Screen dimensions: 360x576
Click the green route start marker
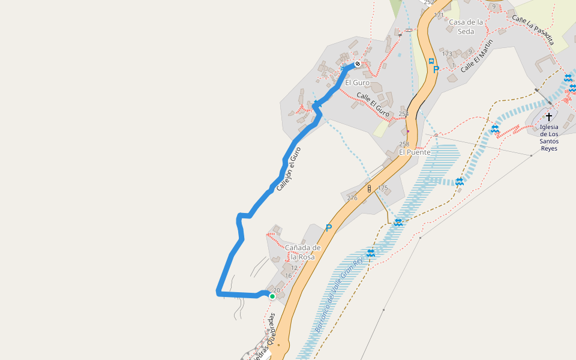click(x=272, y=296)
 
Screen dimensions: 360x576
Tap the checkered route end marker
click(x=358, y=64)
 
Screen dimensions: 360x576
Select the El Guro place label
click(x=357, y=82)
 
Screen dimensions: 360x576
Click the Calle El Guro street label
click(x=373, y=105)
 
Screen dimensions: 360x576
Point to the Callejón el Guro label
click(x=288, y=170)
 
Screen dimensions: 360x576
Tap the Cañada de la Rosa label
click(x=303, y=252)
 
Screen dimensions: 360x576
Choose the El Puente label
click(x=415, y=152)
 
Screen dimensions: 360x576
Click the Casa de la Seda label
click(x=466, y=26)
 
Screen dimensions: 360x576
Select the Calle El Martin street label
click(x=477, y=56)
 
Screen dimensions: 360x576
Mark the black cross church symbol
click(x=548, y=116)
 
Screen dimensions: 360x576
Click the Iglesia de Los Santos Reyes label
click(x=548, y=137)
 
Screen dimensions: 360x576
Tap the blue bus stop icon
click(x=431, y=61)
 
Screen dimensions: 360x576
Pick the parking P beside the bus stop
click(x=436, y=70)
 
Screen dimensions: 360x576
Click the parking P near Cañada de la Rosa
click(x=328, y=228)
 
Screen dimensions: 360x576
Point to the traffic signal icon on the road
click(x=370, y=188)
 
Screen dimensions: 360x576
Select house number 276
click(x=352, y=198)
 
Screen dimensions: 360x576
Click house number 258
click(x=404, y=144)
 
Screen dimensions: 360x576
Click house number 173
click(x=447, y=54)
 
